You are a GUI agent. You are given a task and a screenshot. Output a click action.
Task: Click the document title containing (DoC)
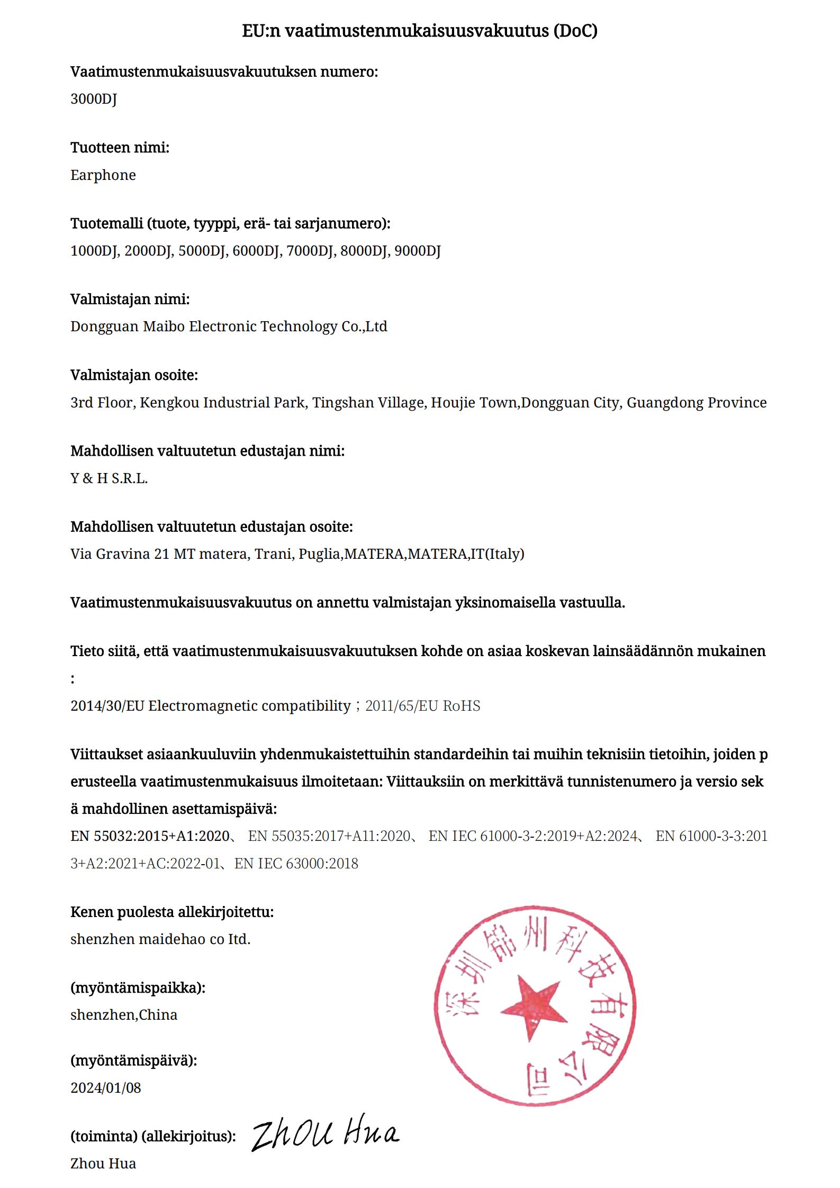point(420,31)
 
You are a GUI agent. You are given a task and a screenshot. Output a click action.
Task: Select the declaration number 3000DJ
point(93,99)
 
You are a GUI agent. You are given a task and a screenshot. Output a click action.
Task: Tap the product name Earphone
point(103,175)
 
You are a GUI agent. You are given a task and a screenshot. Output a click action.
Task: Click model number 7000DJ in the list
point(310,251)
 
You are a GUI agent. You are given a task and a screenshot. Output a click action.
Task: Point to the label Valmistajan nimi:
point(130,300)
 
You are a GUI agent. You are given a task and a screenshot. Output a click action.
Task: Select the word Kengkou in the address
point(169,403)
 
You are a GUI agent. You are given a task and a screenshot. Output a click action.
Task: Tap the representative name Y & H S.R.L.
point(109,478)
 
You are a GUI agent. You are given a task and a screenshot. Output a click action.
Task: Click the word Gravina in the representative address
point(122,554)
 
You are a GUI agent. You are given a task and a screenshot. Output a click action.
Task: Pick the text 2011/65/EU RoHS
point(422,706)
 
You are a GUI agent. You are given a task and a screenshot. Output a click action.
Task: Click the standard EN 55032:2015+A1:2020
point(150,836)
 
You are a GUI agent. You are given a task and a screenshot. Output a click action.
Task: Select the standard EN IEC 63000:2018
point(296,864)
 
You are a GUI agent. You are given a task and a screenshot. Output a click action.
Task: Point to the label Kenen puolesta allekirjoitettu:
point(172,912)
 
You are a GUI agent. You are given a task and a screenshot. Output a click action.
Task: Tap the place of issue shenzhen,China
point(124,1015)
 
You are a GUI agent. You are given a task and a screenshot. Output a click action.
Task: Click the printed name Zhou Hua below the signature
point(103,1163)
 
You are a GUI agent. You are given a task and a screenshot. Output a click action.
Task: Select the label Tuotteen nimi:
point(120,148)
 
